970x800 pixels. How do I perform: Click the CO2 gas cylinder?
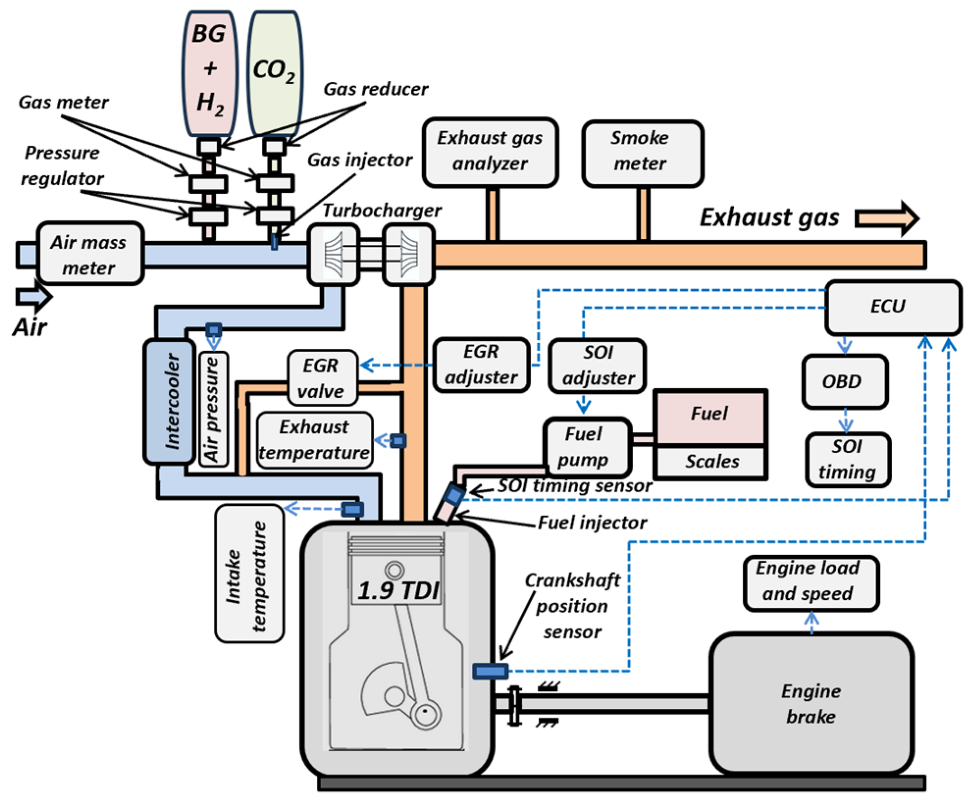point(274,74)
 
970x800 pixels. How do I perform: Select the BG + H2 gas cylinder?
point(210,74)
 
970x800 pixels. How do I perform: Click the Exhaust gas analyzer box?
point(490,152)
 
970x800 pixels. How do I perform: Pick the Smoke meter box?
point(642,153)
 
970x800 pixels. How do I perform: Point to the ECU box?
point(892,307)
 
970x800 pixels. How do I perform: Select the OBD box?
point(844,382)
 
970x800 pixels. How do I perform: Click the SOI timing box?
point(847,460)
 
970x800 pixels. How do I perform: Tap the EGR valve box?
point(322,378)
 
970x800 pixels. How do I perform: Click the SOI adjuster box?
point(597,366)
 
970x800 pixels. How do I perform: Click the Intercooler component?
point(170,401)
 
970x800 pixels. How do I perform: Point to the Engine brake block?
point(811,703)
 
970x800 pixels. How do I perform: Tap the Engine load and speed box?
point(811,582)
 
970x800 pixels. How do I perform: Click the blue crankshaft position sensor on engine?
point(489,671)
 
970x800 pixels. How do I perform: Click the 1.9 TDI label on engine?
point(397,590)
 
